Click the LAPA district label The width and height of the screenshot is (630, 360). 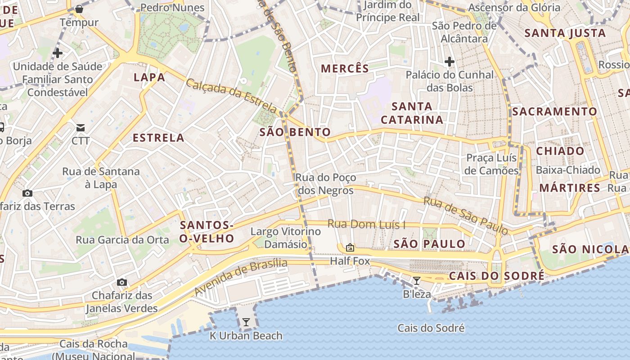149,77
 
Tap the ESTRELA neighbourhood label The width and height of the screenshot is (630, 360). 158,138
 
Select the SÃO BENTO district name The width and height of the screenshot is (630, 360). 295,132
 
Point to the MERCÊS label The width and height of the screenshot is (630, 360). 345,69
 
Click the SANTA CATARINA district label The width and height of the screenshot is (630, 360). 412,113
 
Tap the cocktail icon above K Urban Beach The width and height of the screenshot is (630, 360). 246,322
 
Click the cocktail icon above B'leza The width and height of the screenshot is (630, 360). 417,281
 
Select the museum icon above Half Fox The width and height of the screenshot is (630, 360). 350,247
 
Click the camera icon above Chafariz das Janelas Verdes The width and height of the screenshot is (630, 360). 121,282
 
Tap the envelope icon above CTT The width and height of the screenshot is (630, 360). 81,127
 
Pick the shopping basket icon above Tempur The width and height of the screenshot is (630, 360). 79,9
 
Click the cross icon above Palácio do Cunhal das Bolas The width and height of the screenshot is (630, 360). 449,61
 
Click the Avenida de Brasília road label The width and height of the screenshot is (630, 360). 241,276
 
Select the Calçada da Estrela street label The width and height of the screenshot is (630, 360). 231,96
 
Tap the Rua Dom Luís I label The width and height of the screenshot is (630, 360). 366,224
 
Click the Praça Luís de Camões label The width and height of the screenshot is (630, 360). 492,164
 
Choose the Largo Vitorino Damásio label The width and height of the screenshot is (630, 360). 286,238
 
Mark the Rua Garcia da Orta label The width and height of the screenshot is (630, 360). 122,239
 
